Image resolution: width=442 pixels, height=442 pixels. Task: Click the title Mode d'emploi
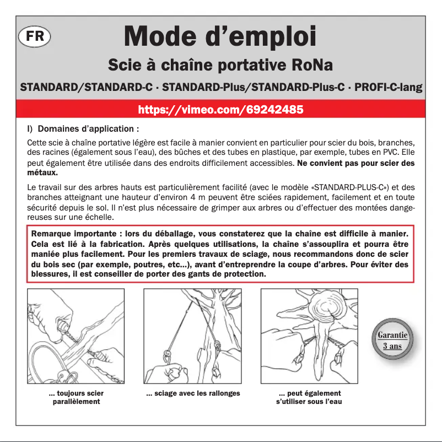[x=220, y=36]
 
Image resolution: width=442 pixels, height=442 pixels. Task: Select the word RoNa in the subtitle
[x=312, y=66]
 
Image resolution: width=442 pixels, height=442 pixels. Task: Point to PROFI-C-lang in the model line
[x=389, y=88]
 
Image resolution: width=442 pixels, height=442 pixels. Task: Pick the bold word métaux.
[x=42, y=173]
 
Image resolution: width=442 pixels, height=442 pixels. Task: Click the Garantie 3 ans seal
[x=392, y=341]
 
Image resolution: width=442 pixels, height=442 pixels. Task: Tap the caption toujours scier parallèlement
[x=76, y=397]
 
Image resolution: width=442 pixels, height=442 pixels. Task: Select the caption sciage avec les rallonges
[x=193, y=394]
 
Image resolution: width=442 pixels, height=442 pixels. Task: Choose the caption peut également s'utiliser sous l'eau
[x=309, y=397]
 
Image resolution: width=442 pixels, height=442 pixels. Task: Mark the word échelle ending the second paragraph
[x=98, y=215]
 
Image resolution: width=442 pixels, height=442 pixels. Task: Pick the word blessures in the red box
[x=50, y=274]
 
